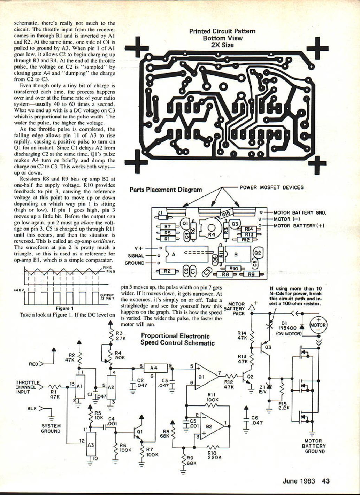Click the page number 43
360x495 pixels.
click(326, 481)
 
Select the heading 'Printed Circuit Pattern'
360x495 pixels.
click(222, 31)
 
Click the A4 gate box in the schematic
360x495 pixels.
click(153, 368)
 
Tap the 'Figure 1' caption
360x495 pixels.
click(64, 308)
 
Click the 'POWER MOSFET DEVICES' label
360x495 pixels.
click(271, 187)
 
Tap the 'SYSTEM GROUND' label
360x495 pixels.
click(51, 428)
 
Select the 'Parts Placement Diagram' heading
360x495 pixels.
click(166, 190)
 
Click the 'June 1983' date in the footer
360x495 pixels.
click(299, 481)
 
